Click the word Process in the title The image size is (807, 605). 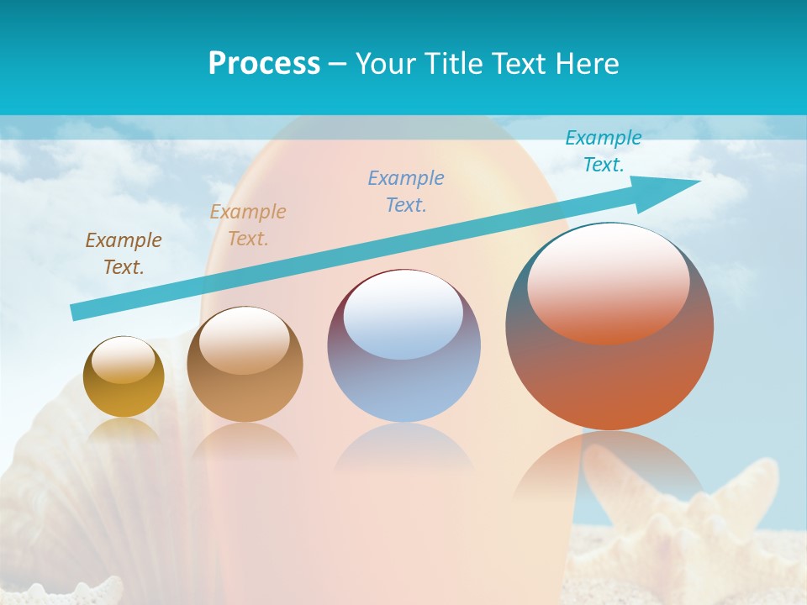click(x=264, y=64)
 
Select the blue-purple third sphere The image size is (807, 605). click(x=403, y=387)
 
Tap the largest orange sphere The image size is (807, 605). click(x=609, y=378)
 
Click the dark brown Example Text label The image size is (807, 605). click(x=124, y=254)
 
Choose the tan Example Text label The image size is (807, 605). click(x=248, y=225)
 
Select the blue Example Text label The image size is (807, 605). click(x=406, y=192)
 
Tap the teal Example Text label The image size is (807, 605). click(x=604, y=151)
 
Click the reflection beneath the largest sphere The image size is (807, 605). click(x=609, y=471)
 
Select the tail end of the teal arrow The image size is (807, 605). click(x=80, y=311)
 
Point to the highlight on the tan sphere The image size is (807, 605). click(x=245, y=339)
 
